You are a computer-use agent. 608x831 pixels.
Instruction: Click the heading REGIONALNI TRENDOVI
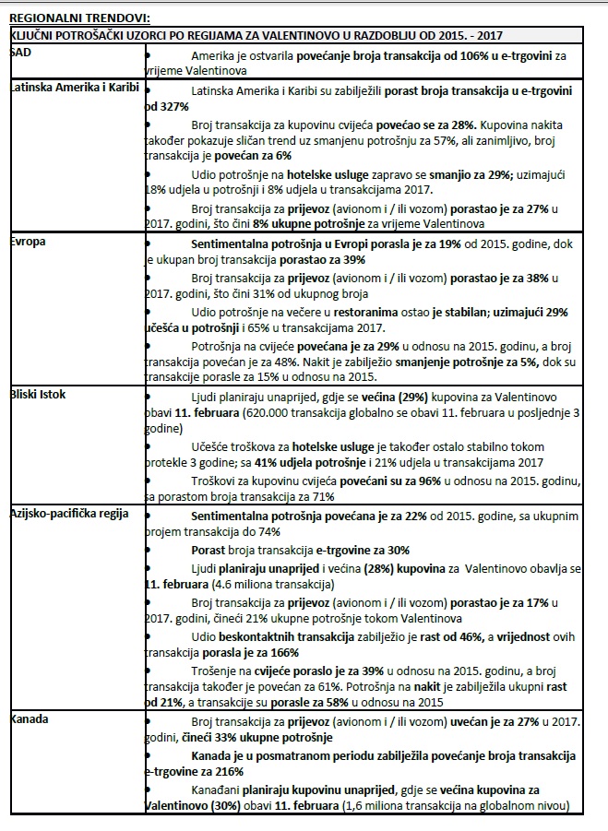(x=78, y=17)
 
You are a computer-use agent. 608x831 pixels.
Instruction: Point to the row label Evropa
(x=27, y=242)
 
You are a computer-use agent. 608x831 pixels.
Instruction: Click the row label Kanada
(x=30, y=717)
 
